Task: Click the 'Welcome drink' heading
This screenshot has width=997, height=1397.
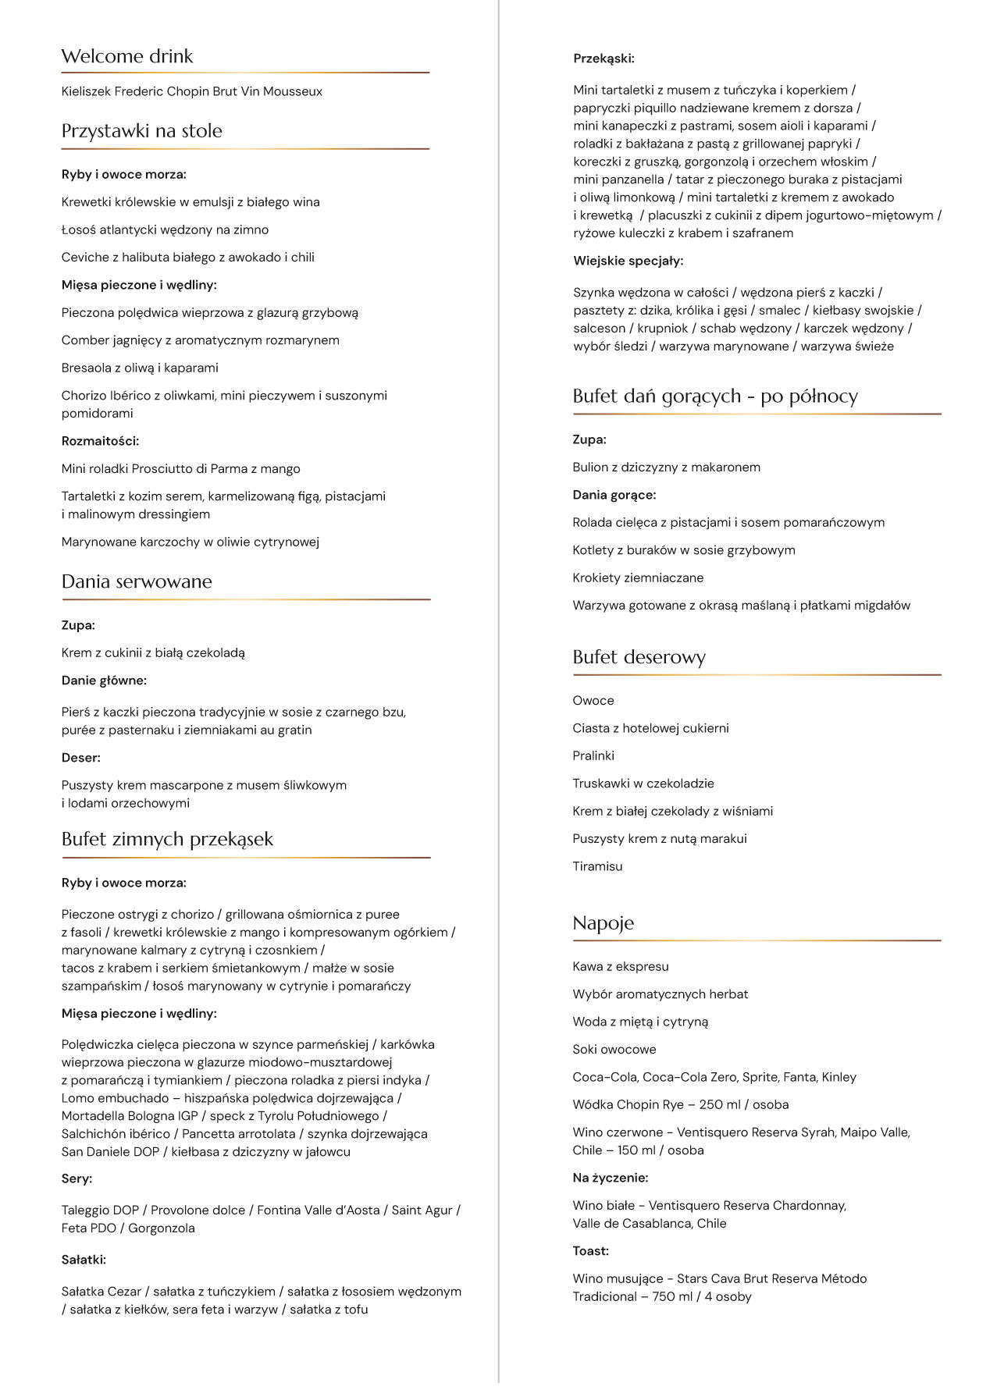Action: pos(127,56)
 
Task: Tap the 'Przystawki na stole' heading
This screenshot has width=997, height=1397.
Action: pos(141,131)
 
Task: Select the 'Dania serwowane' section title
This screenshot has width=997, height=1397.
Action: pos(137,581)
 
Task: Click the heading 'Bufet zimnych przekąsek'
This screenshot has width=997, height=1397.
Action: pos(167,839)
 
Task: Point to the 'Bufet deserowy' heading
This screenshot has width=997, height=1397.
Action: pos(639,657)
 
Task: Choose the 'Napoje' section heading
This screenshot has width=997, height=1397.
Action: pos(603,923)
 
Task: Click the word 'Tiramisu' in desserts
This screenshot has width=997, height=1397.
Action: pos(597,866)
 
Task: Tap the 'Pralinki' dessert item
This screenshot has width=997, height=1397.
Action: pos(593,755)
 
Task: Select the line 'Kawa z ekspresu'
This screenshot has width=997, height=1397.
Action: pos(621,966)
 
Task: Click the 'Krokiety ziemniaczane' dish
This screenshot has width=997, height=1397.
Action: pos(638,578)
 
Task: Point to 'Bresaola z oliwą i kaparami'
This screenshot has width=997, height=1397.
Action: pos(140,368)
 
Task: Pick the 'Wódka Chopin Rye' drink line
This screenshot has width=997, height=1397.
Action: pos(680,1104)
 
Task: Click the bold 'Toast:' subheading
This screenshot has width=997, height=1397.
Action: pos(590,1251)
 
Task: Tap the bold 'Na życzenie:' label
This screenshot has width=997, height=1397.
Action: pos(611,1178)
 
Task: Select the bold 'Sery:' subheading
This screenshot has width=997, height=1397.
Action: pos(77,1178)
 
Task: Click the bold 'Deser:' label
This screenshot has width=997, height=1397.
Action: pos(81,758)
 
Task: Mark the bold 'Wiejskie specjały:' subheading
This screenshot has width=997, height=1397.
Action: pos(628,261)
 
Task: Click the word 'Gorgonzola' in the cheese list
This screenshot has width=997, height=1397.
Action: pos(162,1228)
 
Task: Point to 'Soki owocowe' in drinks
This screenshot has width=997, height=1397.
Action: pos(614,1050)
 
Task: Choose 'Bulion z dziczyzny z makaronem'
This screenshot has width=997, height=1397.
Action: pos(666,467)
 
